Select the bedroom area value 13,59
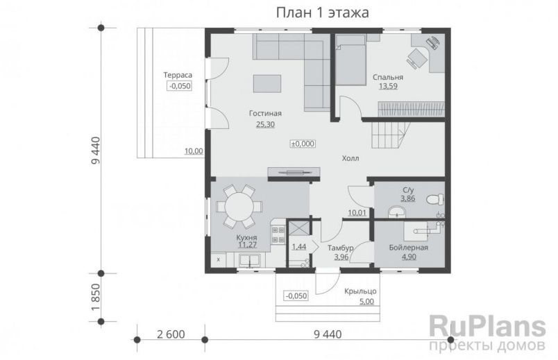coord(387,87)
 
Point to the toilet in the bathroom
coord(433,198)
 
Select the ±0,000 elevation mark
coord(303,144)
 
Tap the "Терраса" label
coord(177,74)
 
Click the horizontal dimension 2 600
coord(171,334)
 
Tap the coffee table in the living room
coord(268,83)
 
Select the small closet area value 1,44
coord(299,246)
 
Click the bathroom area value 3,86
coord(407,198)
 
